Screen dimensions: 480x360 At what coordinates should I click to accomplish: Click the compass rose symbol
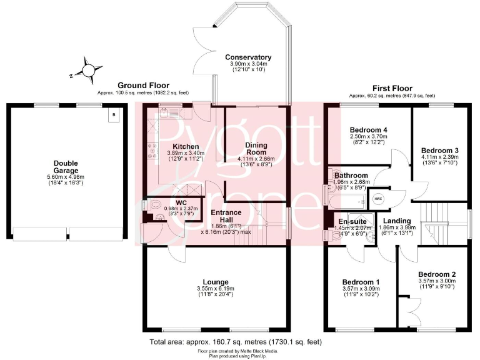pos(88,71)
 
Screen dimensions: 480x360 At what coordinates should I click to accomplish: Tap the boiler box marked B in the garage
pos(114,115)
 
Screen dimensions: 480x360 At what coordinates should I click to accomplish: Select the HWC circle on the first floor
pos(379,199)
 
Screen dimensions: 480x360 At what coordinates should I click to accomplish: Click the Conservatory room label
pos(248,57)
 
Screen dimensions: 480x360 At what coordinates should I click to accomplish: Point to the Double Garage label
pos(66,167)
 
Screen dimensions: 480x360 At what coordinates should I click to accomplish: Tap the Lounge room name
pos(216,282)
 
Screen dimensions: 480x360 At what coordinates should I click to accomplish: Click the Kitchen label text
pos(186,147)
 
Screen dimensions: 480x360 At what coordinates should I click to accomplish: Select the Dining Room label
pos(256,149)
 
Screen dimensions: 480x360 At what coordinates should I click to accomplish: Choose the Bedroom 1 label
pos(361,282)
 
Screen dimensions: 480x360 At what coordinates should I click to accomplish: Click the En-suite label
pos(352,221)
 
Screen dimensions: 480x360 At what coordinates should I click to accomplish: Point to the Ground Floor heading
pos(143,86)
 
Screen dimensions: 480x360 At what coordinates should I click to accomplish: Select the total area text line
pos(236,342)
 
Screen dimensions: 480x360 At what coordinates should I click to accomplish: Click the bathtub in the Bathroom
pos(347,202)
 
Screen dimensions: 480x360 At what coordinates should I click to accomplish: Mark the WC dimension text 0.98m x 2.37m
pos(181,209)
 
